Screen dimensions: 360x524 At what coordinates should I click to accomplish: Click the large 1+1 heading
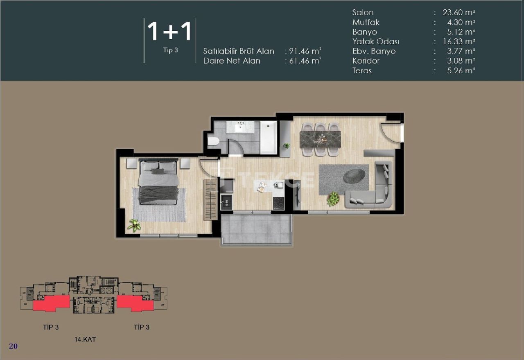click(x=169, y=32)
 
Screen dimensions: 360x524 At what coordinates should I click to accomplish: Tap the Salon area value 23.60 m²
click(x=459, y=13)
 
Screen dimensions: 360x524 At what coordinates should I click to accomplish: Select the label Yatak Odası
click(x=376, y=41)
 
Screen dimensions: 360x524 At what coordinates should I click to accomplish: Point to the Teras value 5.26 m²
click(x=459, y=70)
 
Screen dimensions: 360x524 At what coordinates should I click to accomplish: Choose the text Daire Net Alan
click(x=232, y=61)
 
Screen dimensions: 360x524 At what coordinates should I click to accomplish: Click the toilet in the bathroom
click(x=213, y=142)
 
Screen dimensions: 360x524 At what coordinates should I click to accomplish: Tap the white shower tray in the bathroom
click(x=269, y=137)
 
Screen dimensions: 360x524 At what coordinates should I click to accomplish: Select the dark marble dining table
click(x=320, y=139)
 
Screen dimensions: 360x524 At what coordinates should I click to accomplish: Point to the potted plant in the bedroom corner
click(x=134, y=225)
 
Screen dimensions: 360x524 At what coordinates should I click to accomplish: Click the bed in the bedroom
click(x=158, y=181)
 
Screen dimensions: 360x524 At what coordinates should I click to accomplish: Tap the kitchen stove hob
click(x=279, y=203)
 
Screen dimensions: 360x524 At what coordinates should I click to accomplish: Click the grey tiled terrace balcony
click(x=256, y=229)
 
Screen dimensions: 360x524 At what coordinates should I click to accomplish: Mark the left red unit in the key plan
click(x=51, y=304)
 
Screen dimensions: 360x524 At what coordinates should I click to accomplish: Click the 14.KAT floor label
click(x=85, y=339)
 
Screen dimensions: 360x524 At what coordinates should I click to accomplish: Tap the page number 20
click(x=13, y=346)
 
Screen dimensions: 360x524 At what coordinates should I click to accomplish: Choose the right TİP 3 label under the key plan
click(x=141, y=327)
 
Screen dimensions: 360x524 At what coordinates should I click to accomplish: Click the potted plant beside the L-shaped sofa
click(x=333, y=199)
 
